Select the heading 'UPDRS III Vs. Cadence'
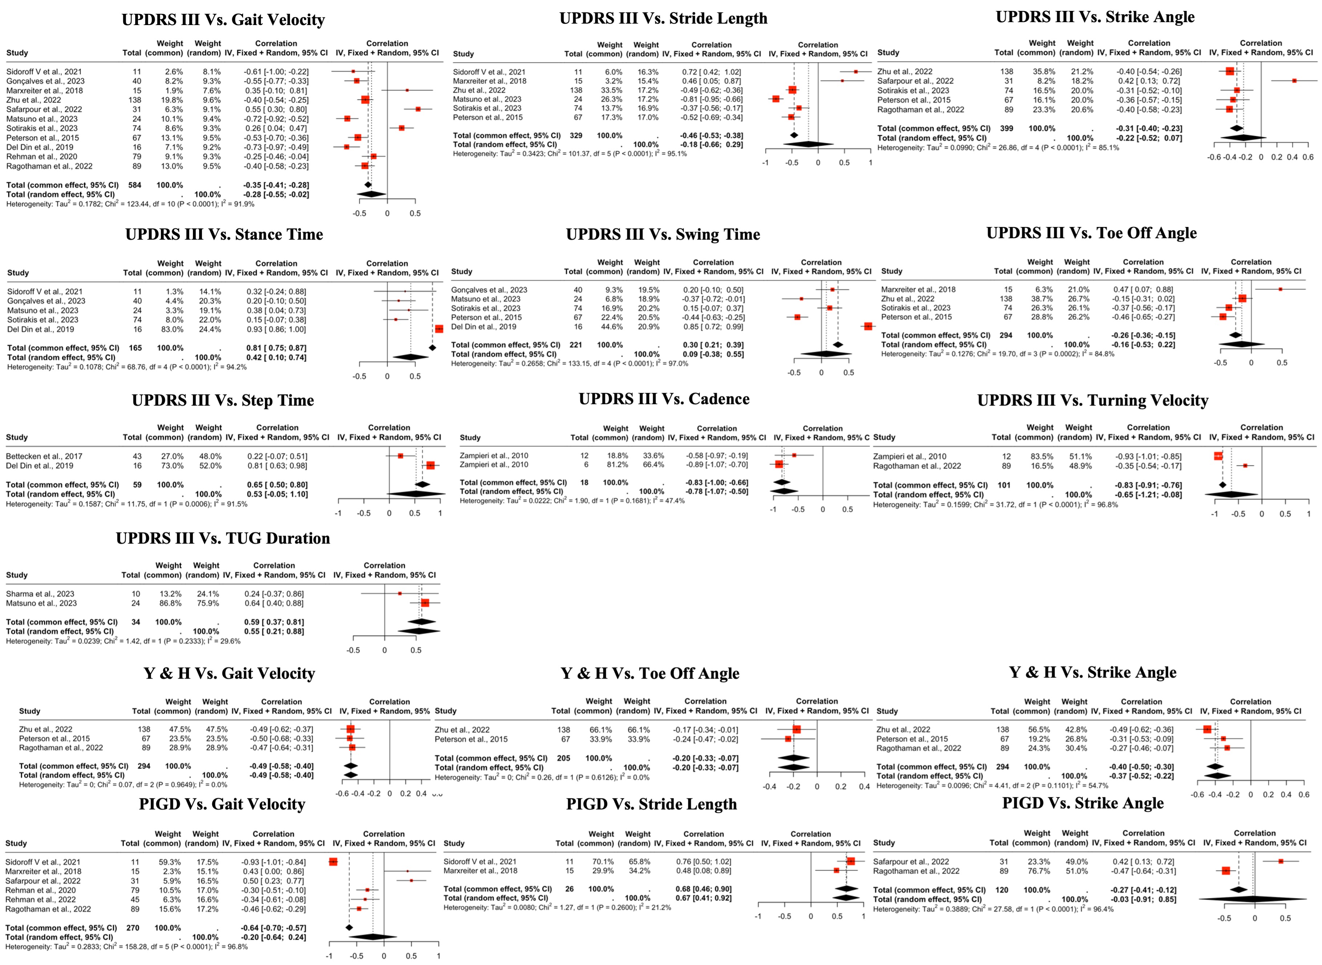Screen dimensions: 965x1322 (x=664, y=399)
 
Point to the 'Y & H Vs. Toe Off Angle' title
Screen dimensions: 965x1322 (x=650, y=673)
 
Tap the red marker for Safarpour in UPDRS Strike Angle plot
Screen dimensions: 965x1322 (x=1294, y=81)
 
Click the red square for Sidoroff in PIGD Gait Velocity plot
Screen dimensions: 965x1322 (x=333, y=862)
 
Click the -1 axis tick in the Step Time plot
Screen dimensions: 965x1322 (x=338, y=513)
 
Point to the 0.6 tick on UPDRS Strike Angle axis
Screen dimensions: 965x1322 (x=1308, y=157)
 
